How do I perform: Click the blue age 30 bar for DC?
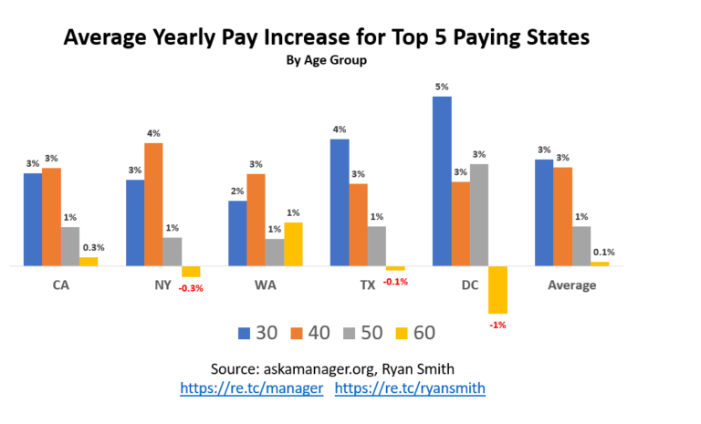click(x=442, y=181)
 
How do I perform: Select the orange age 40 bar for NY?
click(x=153, y=204)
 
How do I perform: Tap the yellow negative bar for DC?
click(x=497, y=290)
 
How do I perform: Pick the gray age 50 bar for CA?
click(x=70, y=246)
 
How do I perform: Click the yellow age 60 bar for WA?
click(x=293, y=244)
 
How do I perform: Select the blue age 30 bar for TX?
click(x=340, y=202)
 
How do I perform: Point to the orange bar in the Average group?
click(x=562, y=216)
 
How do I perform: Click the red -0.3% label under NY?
click(x=191, y=288)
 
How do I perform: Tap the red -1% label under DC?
click(x=497, y=325)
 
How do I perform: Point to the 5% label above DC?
click(x=442, y=88)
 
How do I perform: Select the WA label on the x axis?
click(x=266, y=285)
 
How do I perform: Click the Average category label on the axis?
click(x=571, y=285)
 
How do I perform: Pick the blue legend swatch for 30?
click(x=244, y=333)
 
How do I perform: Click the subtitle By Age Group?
click(x=326, y=62)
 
